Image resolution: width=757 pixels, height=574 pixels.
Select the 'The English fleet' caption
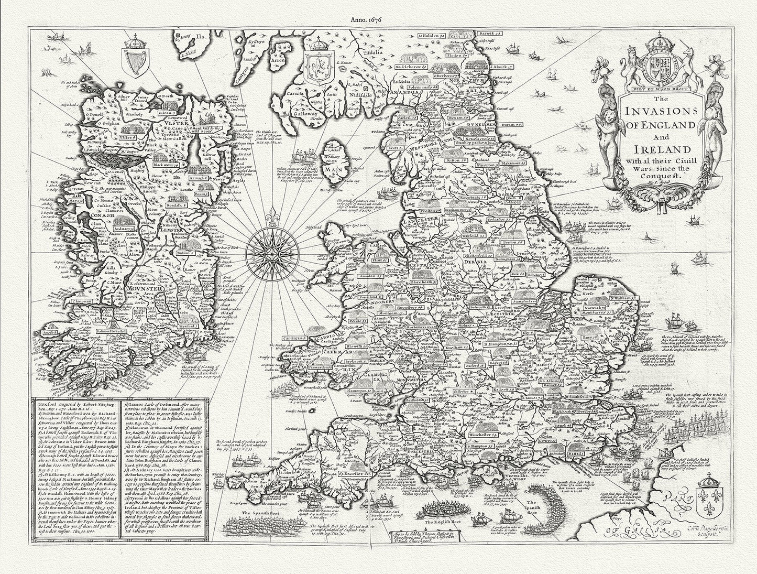[443, 523]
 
